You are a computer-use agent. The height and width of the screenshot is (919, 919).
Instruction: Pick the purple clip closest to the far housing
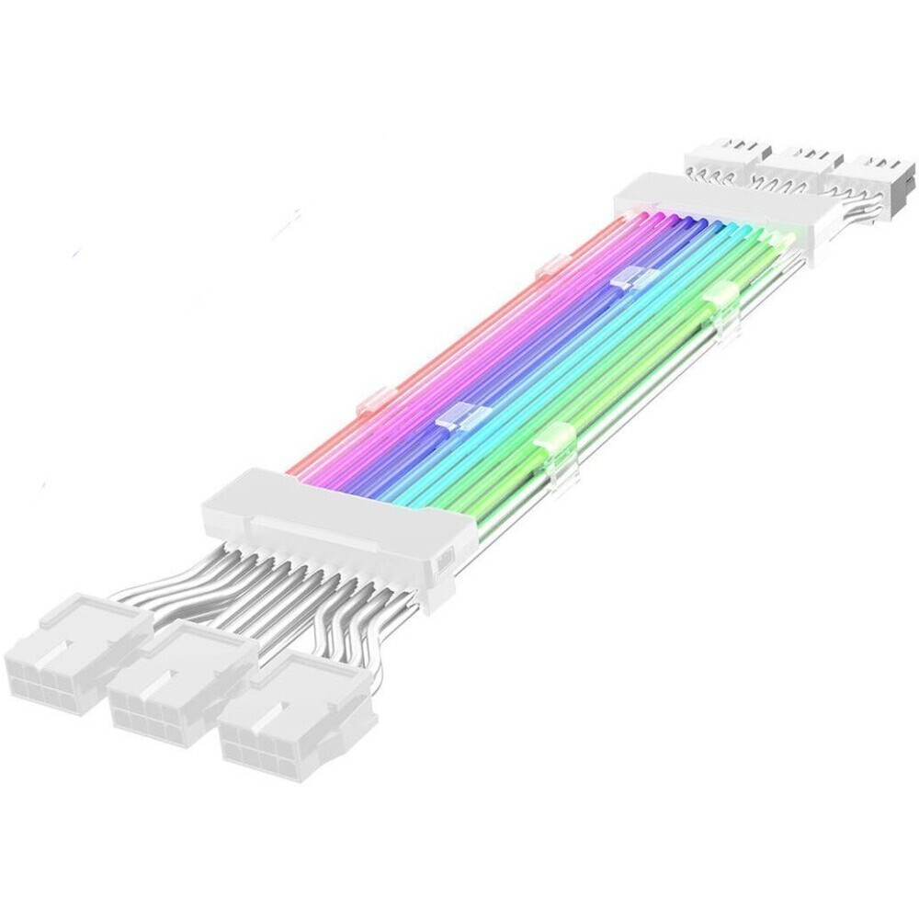click(629, 280)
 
